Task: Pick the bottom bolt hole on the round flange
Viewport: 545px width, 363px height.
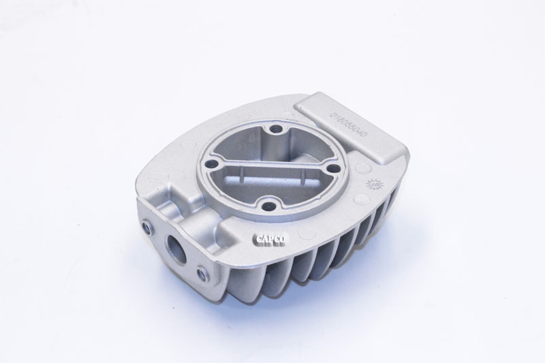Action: coord(270,202)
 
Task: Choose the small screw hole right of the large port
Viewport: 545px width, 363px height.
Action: coord(200,273)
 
